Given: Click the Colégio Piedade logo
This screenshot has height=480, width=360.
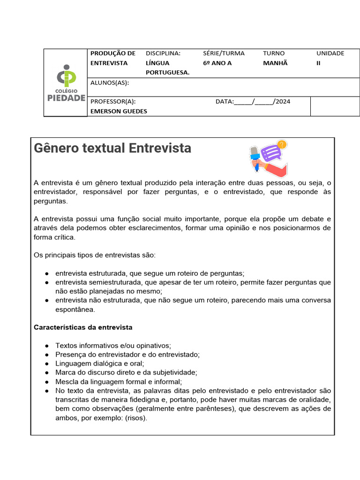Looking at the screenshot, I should pos(66,83).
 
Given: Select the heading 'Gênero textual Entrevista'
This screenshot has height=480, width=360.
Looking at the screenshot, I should pos(112,148).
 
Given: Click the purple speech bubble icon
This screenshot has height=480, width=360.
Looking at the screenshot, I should pos(270,153).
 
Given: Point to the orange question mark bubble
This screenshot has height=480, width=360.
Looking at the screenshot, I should pos(282,144).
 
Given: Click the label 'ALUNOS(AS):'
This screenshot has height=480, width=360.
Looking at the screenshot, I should pos(109,83).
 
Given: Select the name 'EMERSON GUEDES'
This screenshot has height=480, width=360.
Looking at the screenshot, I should pos(119,111).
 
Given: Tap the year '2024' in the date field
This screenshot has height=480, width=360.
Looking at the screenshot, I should pos(283,101).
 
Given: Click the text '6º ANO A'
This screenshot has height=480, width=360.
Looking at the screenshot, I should pos(217,63).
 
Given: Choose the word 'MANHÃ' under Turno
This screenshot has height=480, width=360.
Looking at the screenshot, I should pos(275,63).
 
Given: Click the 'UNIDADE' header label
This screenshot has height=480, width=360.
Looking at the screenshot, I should pos(330,53).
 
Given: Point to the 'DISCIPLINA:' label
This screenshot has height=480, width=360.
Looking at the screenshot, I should pos(163,53).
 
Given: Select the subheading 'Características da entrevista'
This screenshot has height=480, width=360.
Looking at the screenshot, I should pos(83,327).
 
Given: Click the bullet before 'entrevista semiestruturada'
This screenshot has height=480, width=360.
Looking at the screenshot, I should pos(47,283).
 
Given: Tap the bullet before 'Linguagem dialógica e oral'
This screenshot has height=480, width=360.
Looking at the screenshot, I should pos(47,364).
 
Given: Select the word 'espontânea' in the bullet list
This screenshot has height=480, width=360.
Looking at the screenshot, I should pos(75,309).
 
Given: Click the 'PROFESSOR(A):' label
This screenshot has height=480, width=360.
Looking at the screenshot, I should pos(113,101).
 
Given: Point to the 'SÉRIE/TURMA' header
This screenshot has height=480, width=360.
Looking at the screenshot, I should pos(224,53).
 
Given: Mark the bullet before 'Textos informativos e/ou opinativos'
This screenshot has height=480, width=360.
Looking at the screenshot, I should pos(47,346).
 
